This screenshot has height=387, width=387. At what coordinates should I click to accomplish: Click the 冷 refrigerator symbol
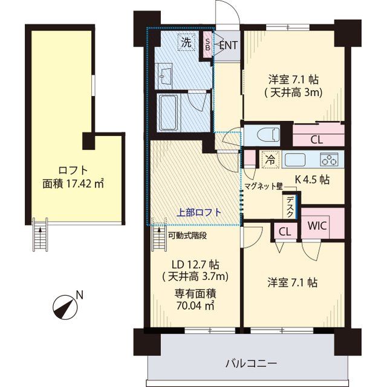coord(269,160)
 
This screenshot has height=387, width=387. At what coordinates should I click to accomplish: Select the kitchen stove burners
coord(330,160)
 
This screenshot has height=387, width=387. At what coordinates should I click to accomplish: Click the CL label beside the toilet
coord(315,140)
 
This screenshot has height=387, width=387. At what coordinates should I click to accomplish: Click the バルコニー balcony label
coord(251,363)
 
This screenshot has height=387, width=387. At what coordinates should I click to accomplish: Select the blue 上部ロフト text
coord(199,212)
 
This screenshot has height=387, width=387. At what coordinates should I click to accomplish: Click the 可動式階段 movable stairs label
coord(188,236)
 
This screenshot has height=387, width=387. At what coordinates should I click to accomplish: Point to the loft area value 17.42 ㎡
coord(64,182)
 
